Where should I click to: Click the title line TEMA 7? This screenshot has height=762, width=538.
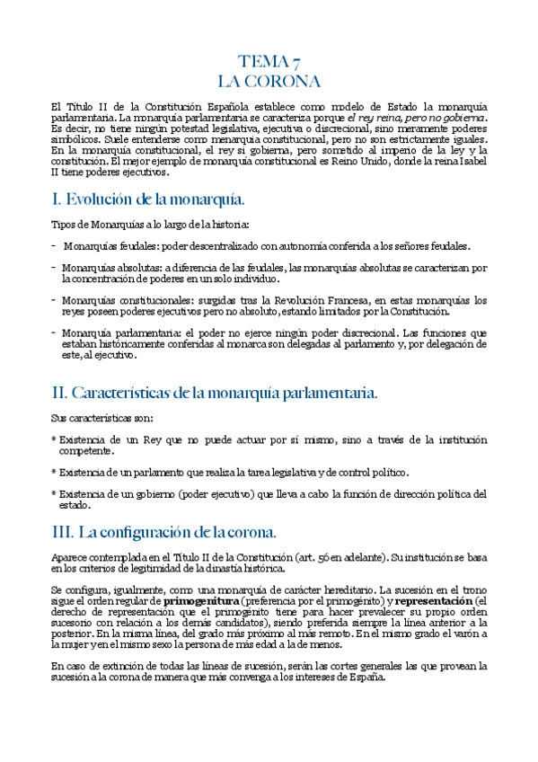[x=269, y=61]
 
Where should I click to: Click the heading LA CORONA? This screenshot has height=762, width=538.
[x=269, y=82]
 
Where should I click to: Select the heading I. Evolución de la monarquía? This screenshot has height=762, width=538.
[x=148, y=199]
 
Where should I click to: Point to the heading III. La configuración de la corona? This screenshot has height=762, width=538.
[x=170, y=531]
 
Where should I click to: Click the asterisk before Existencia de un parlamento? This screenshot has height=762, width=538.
[x=54, y=472]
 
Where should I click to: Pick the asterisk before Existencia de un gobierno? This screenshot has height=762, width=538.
[x=54, y=493]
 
